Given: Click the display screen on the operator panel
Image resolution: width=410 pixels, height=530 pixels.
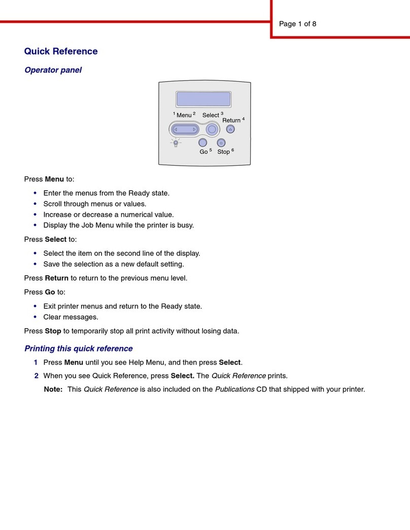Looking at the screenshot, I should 203,99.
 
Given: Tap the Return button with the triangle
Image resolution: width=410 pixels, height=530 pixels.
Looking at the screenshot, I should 230,129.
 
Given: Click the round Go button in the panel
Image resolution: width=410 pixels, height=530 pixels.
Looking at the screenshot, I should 202,143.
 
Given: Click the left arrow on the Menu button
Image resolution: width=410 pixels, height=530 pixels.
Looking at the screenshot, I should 176,129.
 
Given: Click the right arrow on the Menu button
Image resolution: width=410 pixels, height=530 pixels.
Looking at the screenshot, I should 194,129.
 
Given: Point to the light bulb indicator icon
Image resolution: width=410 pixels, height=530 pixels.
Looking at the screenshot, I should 176,143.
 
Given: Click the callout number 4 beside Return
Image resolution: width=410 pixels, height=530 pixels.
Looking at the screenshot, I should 243,119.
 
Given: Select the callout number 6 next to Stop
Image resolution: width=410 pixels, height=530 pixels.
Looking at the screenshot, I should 232,150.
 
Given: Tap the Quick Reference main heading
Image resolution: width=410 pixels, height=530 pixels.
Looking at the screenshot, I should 61,51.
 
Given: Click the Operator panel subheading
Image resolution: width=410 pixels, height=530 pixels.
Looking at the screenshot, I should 53,70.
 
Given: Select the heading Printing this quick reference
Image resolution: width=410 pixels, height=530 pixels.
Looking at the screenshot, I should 79,348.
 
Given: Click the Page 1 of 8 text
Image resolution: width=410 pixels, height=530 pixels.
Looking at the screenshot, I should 298,24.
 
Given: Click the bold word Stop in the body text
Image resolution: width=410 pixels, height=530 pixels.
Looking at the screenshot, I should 53,331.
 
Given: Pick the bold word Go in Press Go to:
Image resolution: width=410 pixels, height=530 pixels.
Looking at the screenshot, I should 50,292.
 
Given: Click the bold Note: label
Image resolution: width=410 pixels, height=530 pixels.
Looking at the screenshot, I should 53,390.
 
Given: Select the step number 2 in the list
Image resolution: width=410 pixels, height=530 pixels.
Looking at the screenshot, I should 36,376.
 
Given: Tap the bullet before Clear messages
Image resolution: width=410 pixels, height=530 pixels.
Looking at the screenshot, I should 35,317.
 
